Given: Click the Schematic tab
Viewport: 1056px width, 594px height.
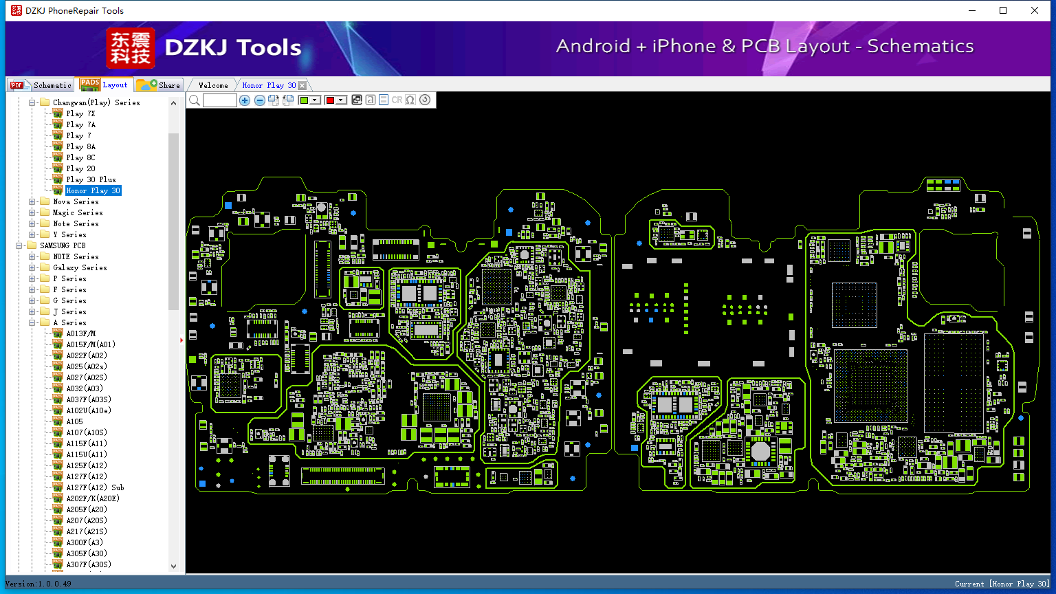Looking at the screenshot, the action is pos(41,85).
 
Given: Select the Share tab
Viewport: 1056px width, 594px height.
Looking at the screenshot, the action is pos(158,85).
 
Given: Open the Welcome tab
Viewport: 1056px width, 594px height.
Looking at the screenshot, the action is pos(213,85).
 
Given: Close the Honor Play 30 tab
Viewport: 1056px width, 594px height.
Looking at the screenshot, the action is pos(302,85).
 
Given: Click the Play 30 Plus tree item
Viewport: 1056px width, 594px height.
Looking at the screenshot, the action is pos(91,179).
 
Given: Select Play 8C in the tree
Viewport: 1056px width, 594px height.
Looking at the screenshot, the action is pos(80,157).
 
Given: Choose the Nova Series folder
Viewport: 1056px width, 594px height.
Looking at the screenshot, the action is pos(76,201).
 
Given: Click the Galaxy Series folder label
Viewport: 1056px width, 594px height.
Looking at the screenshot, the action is pos(80,267).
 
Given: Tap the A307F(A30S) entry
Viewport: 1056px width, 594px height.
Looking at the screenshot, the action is pos(89,564).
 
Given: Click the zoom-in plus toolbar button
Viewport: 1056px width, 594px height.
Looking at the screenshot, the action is pos(245,100).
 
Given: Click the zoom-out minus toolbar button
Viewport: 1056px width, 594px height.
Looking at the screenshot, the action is pos(259,100).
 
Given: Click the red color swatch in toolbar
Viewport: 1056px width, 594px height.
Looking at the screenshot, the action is pos(330,100).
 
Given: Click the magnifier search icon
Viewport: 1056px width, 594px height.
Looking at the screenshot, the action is pos(195,100).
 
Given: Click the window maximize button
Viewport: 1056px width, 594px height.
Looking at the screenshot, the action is pos(1003,10).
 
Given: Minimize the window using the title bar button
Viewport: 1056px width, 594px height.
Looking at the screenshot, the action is pos(972,10).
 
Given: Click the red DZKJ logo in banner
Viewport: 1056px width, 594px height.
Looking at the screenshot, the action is pos(131,48).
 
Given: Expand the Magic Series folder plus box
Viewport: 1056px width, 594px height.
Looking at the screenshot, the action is pos(32,212).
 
